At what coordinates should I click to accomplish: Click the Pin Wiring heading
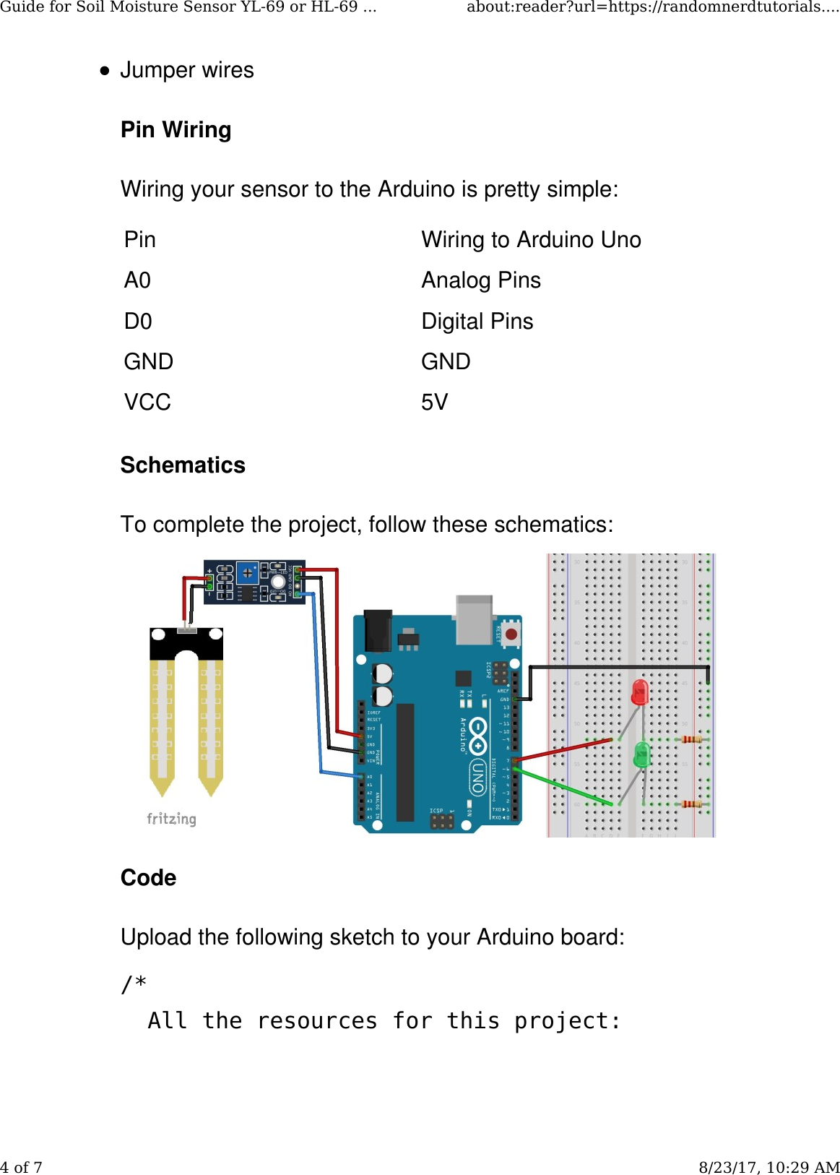176,130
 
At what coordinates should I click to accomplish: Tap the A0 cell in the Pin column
137,280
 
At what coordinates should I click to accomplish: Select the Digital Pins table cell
477,322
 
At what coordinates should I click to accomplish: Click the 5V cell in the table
434,403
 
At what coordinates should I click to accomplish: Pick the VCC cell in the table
147,403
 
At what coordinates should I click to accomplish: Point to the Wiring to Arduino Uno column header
531,240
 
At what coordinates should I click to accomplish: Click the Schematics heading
183,465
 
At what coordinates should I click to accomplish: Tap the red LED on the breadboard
640,692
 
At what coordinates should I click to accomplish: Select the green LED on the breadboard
641,754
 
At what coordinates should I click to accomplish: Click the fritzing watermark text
171,819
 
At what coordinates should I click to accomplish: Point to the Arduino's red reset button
511,634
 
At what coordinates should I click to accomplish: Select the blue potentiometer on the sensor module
248,573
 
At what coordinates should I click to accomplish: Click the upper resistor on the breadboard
691,739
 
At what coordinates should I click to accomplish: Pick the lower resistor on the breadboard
691,804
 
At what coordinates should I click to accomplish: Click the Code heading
148,878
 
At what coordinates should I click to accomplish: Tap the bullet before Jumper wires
105,71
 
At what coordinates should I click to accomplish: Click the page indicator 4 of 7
22,1167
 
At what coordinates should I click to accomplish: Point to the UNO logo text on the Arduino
478,776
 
